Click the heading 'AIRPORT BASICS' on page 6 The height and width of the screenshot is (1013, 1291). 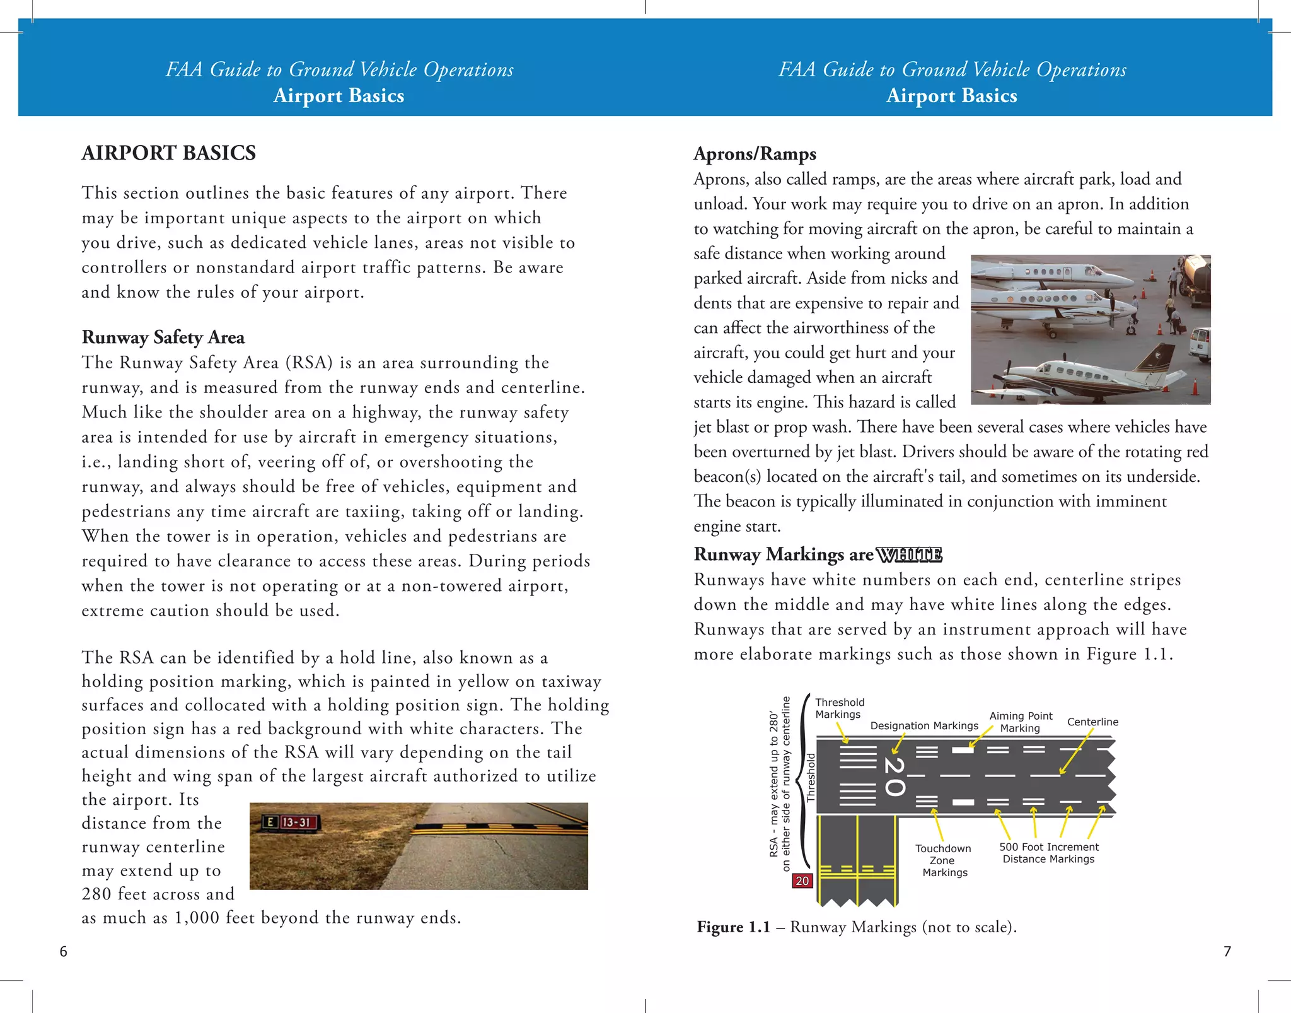pyautogui.click(x=168, y=153)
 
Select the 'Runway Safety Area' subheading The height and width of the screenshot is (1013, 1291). pyautogui.click(x=163, y=337)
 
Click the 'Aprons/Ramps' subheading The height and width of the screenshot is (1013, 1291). pyautogui.click(x=755, y=154)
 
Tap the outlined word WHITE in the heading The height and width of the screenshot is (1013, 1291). pyautogui.click(x=909, y=555)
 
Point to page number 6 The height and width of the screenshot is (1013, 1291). pyautogui.click(x=63, y=952)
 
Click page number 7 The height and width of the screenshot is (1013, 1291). pyautogui.click(x=1227, y=952)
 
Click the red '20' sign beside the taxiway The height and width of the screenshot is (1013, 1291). pyautogui.click(x=802, y=881)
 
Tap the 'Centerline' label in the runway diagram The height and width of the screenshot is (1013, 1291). pyautogui.click(x=1092, y=722)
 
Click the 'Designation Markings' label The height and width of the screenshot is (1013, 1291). pyautogui.click(x=924, y=726)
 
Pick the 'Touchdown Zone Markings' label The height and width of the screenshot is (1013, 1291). pyautogui.click(x=944, y=860)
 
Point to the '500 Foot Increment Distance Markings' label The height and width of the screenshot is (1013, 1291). pyautogui.click(x=1048, y=853)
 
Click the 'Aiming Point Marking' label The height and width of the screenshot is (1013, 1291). pyautogui.click(x=1021, y=722)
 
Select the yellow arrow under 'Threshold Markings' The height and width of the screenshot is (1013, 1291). pyautogui.click(x=843, y=732)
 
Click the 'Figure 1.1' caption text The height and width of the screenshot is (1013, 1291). pyautogui.click(x=856, y=927)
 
